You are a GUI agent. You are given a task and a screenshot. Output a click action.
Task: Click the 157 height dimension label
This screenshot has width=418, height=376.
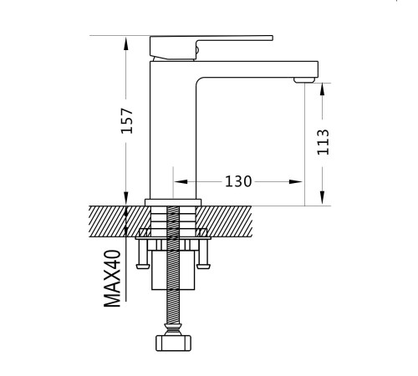coord(127,120)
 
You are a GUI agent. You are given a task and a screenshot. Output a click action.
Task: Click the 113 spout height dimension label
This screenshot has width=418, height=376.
coord(324,142)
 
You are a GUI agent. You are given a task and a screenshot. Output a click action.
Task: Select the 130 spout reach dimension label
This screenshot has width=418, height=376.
coord(238,181)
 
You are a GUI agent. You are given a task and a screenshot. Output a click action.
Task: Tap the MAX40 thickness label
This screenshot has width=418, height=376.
coord(112,278)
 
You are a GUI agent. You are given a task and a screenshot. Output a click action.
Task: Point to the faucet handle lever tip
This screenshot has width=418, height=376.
coord(272,38)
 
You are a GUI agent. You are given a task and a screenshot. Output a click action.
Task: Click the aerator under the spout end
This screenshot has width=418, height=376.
coord(304,80)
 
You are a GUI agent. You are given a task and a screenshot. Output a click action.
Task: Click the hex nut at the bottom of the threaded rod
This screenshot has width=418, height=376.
coord(173,343)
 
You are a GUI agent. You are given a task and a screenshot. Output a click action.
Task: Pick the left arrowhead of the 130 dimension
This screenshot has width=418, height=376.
coord(181,181)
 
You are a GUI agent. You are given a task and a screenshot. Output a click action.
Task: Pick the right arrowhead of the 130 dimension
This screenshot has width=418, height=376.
coord(295,181)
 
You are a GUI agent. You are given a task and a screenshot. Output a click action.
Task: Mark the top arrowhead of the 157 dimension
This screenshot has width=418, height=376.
coord(126,43)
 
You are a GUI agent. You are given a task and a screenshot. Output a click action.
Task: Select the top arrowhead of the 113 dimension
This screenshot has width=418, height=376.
coord(322,89)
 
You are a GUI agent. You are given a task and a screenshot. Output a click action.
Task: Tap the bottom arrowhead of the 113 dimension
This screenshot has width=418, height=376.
coord(322,198)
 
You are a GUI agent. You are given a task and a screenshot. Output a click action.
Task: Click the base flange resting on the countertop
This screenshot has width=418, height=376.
coord(173,202)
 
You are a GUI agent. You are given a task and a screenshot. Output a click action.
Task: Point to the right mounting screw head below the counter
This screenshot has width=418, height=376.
coord(203,267)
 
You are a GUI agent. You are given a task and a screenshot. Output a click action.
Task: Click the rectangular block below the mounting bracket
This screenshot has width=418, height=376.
coord(173,270)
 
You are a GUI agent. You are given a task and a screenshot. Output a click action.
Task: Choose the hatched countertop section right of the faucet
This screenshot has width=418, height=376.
coord(225,221)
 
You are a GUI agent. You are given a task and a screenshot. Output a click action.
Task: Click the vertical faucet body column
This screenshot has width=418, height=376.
coord(173,130)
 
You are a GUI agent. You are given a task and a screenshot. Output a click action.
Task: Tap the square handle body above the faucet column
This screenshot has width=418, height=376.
coord(173,48)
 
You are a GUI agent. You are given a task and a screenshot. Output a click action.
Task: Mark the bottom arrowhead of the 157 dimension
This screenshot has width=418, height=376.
coord(126,199)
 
